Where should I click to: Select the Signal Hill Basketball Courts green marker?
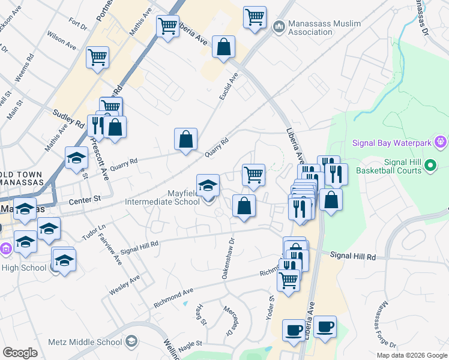430,164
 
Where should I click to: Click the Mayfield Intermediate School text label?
162,197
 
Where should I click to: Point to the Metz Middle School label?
89,342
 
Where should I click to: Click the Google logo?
20,353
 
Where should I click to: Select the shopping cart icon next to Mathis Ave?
167,26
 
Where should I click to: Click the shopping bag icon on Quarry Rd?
186,139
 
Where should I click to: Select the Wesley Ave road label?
125,284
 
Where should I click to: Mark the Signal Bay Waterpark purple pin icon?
441,143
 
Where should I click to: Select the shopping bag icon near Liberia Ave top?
223,47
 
